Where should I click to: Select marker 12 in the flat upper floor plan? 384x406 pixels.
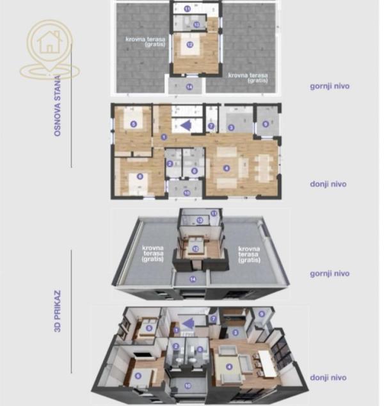coord(189,45)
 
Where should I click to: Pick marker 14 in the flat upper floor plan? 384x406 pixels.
coord(189,86)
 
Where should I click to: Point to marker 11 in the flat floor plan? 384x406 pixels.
coord(187,9)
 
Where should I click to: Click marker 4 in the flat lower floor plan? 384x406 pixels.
coord(226,168)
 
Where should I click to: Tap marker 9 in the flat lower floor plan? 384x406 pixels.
coord(266,124)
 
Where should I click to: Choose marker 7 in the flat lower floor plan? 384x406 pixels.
coord(211,126)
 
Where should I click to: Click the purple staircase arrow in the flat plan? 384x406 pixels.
coord(185,125)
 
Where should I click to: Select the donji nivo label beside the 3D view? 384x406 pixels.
coord(329,378)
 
